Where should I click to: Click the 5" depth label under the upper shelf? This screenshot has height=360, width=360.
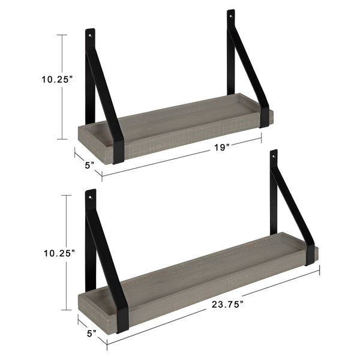click(89, 164)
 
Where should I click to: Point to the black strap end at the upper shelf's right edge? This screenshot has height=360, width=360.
click(264, 116)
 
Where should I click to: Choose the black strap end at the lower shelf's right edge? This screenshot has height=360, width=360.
click(310, 254)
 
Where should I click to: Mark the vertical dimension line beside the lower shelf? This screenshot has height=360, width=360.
click(64, 252)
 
